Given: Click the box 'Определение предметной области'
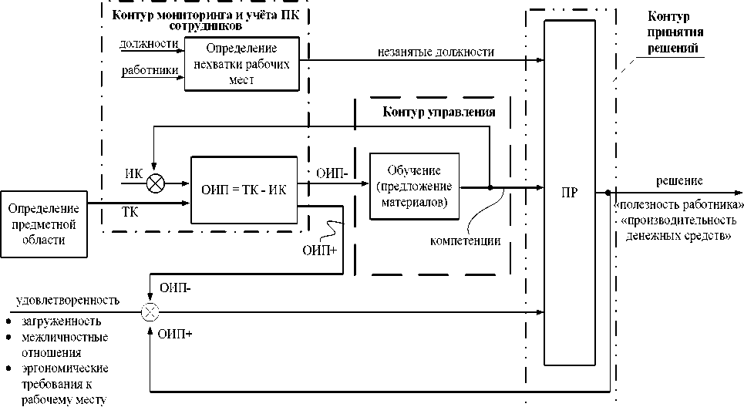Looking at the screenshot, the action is (x=44, y=224).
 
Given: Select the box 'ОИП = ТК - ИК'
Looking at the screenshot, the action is (x=244, y=190).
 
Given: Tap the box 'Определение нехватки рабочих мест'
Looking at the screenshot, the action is (x=242, y=64).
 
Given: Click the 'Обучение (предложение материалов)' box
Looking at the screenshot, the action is (x=414, y=187).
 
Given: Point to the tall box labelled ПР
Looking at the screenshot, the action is (x=570, y=193).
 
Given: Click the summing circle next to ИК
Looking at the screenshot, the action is (x=155, y=183).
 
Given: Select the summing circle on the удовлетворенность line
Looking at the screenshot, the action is (x=150, y=312).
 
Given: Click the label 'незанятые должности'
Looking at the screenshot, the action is (x=436, y=52).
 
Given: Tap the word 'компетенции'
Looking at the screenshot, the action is (x=465, y=241).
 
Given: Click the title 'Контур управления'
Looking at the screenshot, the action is (x=439, y=112).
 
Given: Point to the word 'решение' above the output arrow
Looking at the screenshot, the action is (x=679, y=180).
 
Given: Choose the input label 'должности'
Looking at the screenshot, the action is (x=149, y=44).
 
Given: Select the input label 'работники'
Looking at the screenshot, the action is (x=150, y=71).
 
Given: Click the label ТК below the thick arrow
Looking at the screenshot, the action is (x=130, y=212).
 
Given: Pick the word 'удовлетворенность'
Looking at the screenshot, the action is (x=68, y=301).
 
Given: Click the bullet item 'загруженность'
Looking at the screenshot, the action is (x=61, y=321).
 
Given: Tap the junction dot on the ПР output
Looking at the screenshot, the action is (x=608, y=193).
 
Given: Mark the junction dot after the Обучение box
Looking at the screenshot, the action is (x=490, y=187).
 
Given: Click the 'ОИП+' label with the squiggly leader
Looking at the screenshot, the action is (x=319, y=250).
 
